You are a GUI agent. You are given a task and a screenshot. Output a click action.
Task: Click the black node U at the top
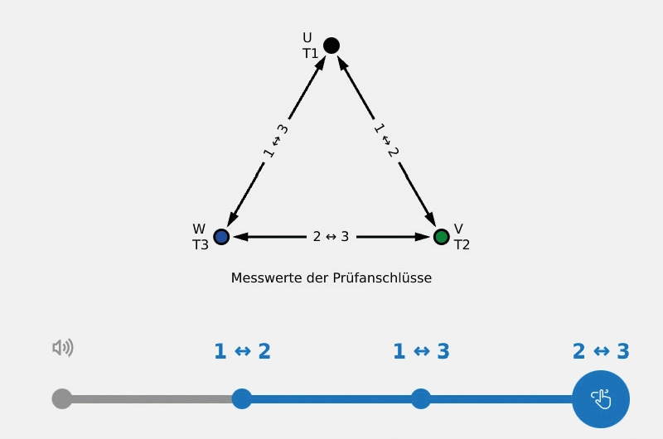click(x=331, y=46)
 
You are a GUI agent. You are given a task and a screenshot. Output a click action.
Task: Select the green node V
click(x=442, y=237)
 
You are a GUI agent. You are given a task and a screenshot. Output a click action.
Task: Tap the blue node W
click(x=221, y=237)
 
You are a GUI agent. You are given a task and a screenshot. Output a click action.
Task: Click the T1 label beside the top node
click(x=311, y=54)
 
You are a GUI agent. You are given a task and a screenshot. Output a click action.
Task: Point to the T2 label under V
click(x=462, y=245)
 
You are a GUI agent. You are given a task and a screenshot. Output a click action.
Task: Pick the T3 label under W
click(x=201, y=245)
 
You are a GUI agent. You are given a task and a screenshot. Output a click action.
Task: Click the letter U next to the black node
click(x=307, y=38)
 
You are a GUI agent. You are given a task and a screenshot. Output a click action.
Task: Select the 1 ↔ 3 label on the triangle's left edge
click(x=276, y=141)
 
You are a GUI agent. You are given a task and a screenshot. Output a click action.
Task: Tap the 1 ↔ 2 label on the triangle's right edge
click(x=386, y=141)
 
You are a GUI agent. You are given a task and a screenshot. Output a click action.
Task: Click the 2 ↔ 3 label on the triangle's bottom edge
click(x=331, y=237)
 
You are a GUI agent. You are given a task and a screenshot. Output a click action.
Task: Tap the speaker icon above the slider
click(x=63, y=348)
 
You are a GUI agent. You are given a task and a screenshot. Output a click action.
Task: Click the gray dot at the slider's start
click(x=62, y=399)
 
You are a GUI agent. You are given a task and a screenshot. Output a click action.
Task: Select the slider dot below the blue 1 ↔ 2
click(x=242, y=399)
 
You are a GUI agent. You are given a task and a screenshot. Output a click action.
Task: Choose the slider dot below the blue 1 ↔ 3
click(x=421, y=399)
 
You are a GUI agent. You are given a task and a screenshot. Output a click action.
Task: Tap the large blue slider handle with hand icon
click(x=601, y=399)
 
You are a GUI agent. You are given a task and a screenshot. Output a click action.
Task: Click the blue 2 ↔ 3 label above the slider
click(x=601, y=351)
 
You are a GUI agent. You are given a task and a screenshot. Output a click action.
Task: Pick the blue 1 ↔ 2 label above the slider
click(x=242, y=351)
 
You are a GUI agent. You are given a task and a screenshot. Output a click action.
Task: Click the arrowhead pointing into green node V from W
click(x=423, y=237)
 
